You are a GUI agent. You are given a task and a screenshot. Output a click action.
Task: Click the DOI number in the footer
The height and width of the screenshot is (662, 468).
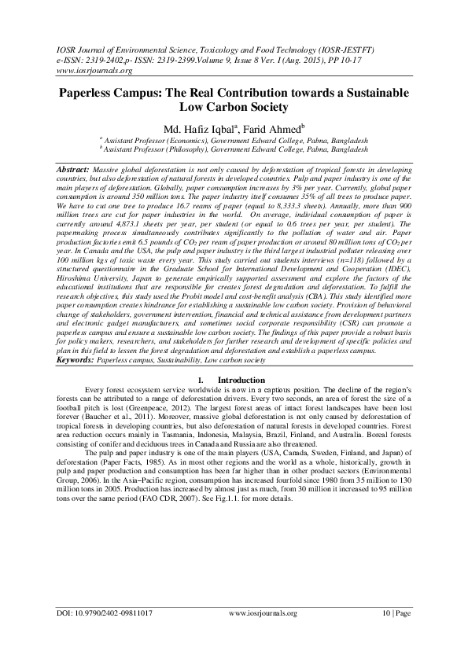pyautogui.click(x=105, y=634)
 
